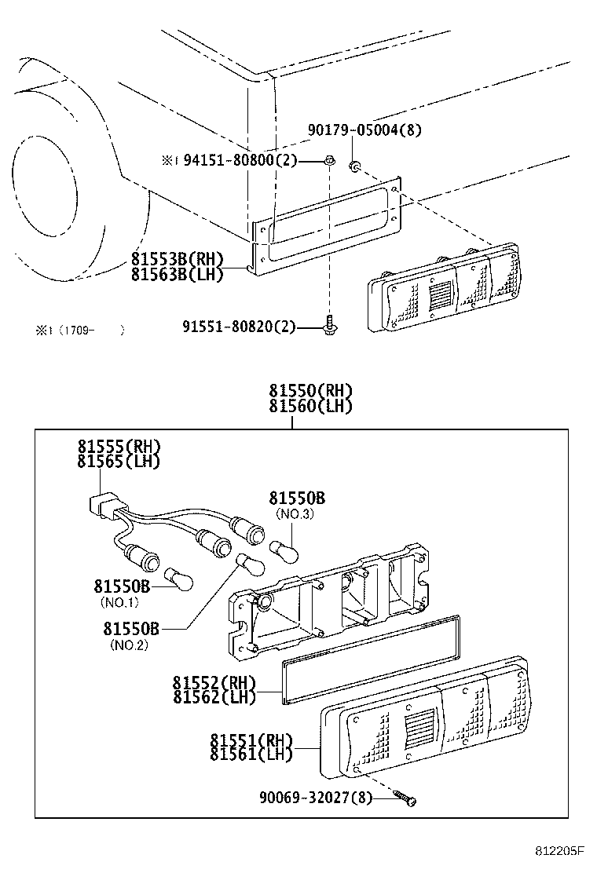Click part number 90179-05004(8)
(364, 130)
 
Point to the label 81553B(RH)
(178, 259)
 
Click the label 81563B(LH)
(178, 274)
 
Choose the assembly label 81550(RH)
(310, 391)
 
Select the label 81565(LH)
(119, 462)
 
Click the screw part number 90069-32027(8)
(316, 798)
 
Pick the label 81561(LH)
(251, 754)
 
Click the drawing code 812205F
(561, 851)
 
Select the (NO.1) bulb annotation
(119, 602)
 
